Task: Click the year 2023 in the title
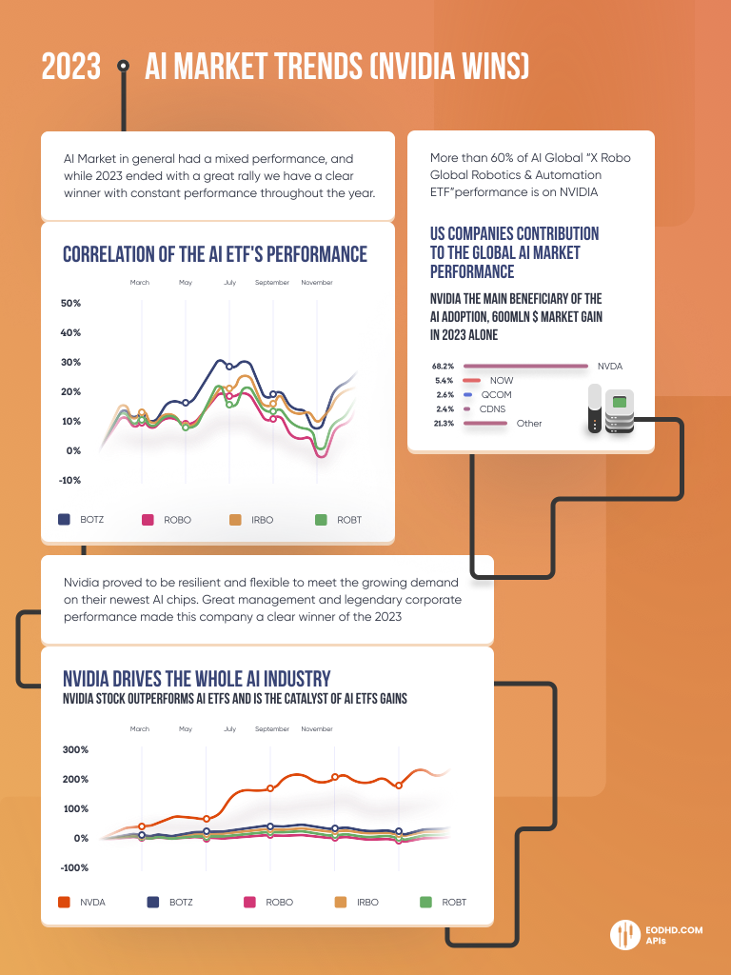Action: point(71,68)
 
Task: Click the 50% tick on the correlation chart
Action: point(71,303)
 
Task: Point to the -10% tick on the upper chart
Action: point(71,480)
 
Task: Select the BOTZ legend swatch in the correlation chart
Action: point(65,520)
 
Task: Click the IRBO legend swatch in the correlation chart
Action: point(235,520)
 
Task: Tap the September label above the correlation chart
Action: point(272,283)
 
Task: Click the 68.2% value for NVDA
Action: point(444,366)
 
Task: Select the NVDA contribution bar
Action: point(524,366)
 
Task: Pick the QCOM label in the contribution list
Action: point(497,394)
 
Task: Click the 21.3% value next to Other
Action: point(444,423)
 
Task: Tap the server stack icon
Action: point(611,410)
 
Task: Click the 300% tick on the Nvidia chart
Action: point(75,749)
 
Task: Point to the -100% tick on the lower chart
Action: point(75,867)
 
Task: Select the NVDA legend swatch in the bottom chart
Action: point(65,902)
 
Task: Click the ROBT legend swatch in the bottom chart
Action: point(425,902)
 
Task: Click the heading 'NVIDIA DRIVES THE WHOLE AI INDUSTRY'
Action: point(197,679)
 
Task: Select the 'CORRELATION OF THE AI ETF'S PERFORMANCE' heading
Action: point(214,254)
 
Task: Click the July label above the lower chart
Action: point(230,729)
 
